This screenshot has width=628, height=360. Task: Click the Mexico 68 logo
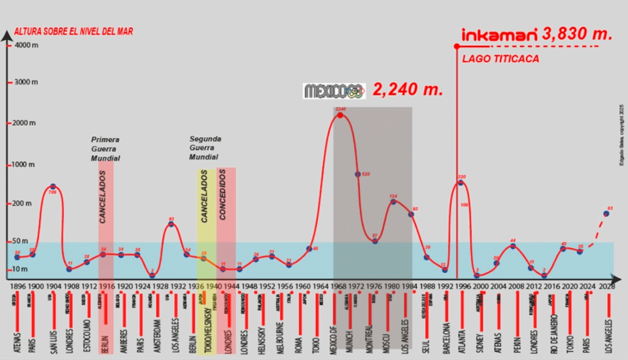pyautogui.click(x=334, y=91)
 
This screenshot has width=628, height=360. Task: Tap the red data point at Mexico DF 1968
pyautogui.click(x=340, y=115)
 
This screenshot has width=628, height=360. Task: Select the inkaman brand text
pyautogui.click(x=499, y=35)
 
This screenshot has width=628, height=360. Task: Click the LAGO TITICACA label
pyautogui.click(x=500, y=59)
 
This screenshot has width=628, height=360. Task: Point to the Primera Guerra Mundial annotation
pyautogui.click(x=105, y=149)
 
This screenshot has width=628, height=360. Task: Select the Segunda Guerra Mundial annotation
pyautogui.click(x=205, y=149)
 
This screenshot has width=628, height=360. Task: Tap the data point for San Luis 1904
pyautogui.click(x=53, y=187)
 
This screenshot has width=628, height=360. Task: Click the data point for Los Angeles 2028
pyautogui.click(x=606, y=213)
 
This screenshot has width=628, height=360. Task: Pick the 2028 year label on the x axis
pyautogui.click(x=606, y=286)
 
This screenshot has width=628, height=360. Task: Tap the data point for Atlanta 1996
pyautogui.click(x=461, y=183)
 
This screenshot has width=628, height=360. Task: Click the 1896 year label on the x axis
pyautogui.click(x=18, y=286)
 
